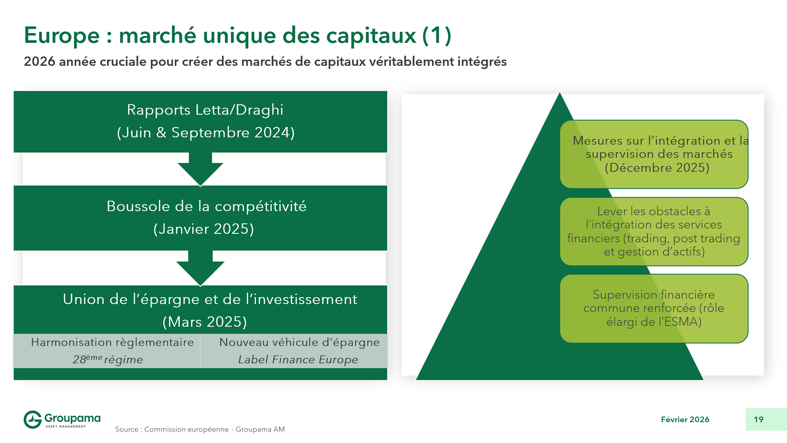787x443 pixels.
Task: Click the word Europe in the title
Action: tap(62, 36)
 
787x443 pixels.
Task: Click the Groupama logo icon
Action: tap(32, 419)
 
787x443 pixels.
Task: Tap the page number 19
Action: tap(759, 419)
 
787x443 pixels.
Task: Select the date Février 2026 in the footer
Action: tap(685, 419)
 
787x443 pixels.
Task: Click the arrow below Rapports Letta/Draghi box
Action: tap(200, 169)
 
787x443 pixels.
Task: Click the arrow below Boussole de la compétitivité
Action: tap(200, 268)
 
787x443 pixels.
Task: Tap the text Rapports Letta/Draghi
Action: tap(205, 110)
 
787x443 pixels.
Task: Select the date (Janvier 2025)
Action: tap(203, 229)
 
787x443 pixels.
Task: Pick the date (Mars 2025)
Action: tap(205, 322)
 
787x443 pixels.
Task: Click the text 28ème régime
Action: tap(108, 360)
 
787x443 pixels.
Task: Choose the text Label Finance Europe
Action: tap(298, 360)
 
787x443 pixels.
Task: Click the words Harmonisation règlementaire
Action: tap(112, 342)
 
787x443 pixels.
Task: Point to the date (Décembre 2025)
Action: tap(657, 168)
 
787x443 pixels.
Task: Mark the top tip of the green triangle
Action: tap(560, 94)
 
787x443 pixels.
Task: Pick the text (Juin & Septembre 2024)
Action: tap(206, 133)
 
